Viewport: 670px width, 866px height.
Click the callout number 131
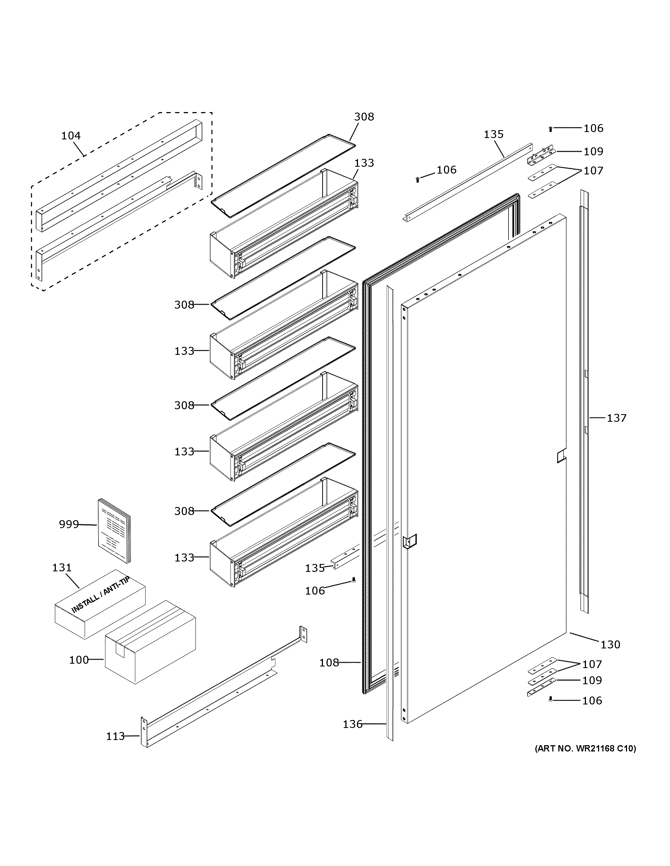click(62, 567)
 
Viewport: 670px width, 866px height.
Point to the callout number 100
click(79, 660)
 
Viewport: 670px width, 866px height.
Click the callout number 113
click(115, 736)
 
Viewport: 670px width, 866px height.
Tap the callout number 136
click(353, 724)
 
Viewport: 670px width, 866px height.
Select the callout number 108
click(329, 663)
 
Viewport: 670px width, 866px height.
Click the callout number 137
click(616, 418)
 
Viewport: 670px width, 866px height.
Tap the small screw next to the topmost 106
click(550, 129)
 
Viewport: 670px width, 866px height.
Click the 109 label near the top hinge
click(593, 151)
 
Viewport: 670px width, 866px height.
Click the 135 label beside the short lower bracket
click(315, 568)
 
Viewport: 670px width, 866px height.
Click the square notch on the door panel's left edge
click(409, 541)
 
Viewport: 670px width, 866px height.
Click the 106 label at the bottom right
click(592, 701)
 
